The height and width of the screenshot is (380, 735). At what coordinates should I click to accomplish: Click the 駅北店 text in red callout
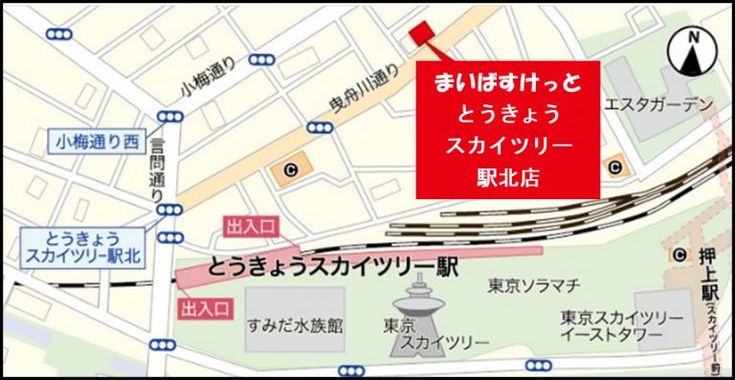(x=508, y=175)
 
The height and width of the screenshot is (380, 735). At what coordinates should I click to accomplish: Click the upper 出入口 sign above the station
(x=250, y=226)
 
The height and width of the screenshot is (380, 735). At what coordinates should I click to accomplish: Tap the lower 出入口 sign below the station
(x=205, y=307)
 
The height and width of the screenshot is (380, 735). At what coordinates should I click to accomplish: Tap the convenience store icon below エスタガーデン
(x=613, y=168)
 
